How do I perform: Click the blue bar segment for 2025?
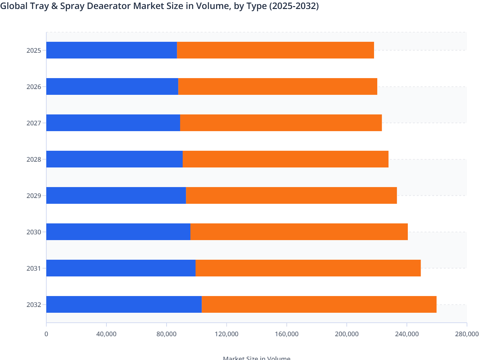point(112,50)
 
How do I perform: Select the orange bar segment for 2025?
point(275,50)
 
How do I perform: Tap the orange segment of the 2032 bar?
point(319,304)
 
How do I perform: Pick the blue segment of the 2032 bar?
point(124,304)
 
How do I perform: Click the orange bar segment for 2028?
point(286,159)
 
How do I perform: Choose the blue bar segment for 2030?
point(118,232)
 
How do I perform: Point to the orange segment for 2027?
point(281,123)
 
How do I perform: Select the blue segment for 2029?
point(116,195)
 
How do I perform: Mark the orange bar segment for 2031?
point(308,268)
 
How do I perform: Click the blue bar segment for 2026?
point(112,86)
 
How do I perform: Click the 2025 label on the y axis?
point(33,50)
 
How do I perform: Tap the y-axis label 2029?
point(33,196)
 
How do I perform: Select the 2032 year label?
point(33,305)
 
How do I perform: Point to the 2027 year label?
point(33,123)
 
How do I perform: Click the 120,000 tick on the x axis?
point(226,334)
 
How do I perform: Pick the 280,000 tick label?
point(467,334)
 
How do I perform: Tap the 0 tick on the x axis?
point(46,334)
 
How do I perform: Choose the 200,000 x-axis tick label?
point(346,334)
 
